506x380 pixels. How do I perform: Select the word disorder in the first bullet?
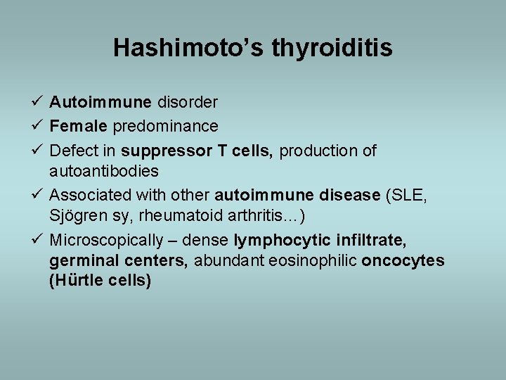tap(187, 103)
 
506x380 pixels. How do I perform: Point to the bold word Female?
tap(78, 127)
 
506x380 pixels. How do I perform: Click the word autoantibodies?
tap(104, 171)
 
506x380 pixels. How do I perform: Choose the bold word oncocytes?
tap(403, 260)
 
